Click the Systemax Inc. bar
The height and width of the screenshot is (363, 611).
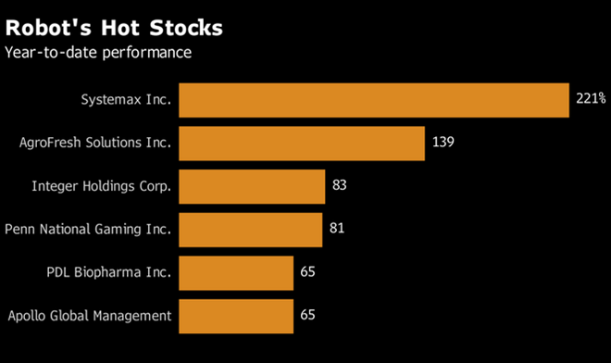(373, 100)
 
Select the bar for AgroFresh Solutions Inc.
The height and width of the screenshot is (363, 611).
(301, 144)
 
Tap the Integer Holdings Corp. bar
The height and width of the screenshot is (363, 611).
(252, 186)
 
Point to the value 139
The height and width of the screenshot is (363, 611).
(443, 144)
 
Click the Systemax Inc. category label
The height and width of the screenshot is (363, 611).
(125, 100)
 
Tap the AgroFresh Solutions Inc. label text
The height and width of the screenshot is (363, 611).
(95, 144)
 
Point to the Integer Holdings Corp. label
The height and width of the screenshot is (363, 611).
(102, 186)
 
